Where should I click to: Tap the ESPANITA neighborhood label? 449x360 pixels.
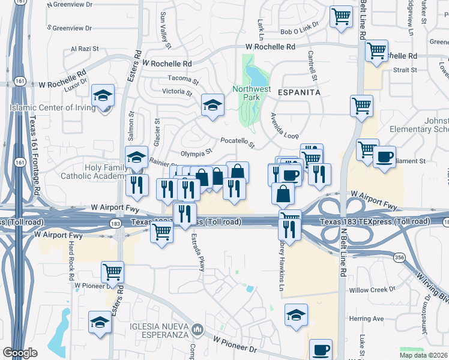(x=294, y=92)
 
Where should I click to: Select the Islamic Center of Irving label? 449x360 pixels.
(x=53, y=108)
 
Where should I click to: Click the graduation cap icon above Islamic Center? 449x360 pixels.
(x=103, y=95)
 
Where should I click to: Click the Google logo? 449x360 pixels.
(x=20, y=353)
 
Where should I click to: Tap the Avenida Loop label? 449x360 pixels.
(x=284, y=126)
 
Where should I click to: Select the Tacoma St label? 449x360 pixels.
(x=183, y=79)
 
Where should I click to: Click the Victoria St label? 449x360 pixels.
(x=177, y=92)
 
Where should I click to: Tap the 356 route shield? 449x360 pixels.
(x=399, y=257)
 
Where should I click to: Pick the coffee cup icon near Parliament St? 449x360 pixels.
(x=384, y=157)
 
